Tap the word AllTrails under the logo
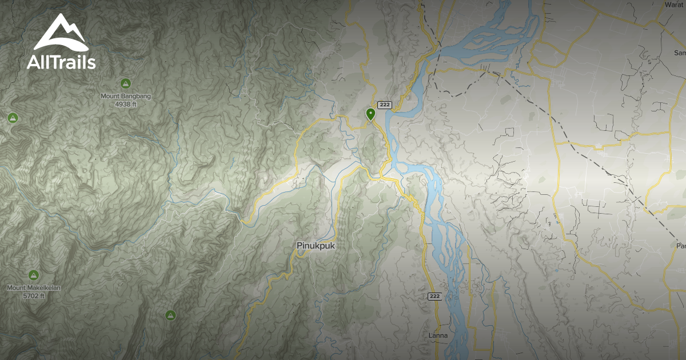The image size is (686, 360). (x=61, y=62)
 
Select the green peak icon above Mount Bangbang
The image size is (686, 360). (x=125, y=83)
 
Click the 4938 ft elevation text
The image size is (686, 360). (x=125, y=105)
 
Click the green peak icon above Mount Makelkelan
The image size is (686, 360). (x=33, y=275)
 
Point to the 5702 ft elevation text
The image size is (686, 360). (x=33, y=296)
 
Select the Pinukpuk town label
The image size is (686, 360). (x=316, y=246)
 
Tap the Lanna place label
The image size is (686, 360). (x=438, y=335)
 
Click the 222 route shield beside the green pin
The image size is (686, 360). (x=384, y=105)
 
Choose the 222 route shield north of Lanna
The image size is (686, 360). (x=434, y=296)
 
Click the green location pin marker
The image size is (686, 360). (x=370, y=114)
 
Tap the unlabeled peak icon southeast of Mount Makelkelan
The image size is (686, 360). (x=170, y=315)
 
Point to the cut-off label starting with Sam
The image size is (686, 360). (x=680, y=53)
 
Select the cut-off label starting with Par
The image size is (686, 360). (x=680, y=246)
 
